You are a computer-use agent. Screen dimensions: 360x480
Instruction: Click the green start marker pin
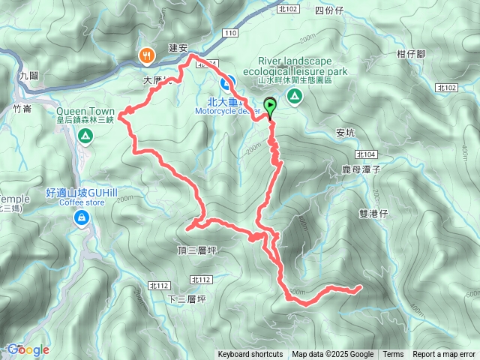tap(270, 107)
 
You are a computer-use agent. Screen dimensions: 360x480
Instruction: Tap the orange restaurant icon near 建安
tap(145, 54)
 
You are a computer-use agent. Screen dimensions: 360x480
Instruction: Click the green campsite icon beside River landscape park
tap(295, 95)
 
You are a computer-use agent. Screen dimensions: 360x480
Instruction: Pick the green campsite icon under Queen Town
tap(85, 136)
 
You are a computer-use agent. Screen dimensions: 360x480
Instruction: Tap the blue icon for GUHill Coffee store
tap(80, 217)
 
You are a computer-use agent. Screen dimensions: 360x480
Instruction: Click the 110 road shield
tap(230, 34)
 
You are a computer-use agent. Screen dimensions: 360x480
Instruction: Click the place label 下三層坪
tap(187, 298)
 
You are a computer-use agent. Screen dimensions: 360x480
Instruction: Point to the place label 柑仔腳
tap(411, 54)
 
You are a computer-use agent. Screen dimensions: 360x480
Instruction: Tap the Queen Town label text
tap(85, 109)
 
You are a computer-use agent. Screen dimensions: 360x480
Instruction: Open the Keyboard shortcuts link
tap(250, 355)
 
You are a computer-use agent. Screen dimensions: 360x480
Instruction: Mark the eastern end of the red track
tap(361, 286)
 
